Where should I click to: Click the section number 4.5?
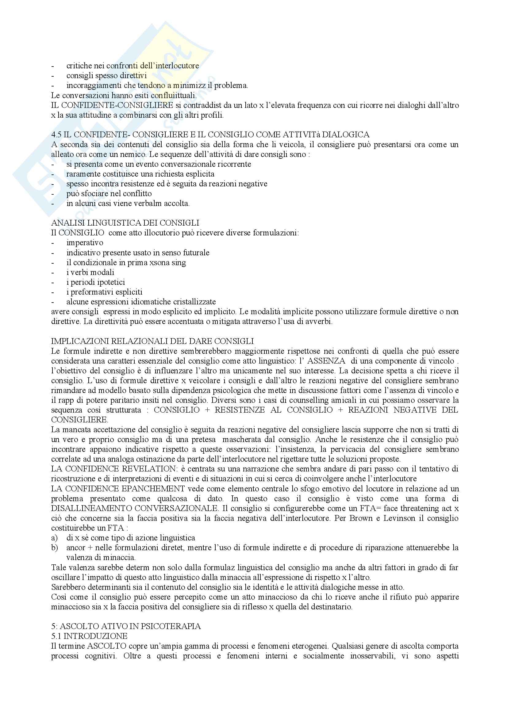pyautogui.click(x=56, y=135)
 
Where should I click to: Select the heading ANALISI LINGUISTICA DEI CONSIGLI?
pyautogui.click(x=125, y=223)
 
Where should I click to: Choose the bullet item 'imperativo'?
pyautogui.click(x=85, y=243)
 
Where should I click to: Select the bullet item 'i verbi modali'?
pyautogui.click(x=90, y=272)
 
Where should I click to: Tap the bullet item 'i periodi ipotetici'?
pyautogui.click(x=96, y=282)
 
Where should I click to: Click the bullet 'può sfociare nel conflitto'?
pyautogui.click(x=109, y=194)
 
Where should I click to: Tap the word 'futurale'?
pyautogui.click(x=196, y=253)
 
